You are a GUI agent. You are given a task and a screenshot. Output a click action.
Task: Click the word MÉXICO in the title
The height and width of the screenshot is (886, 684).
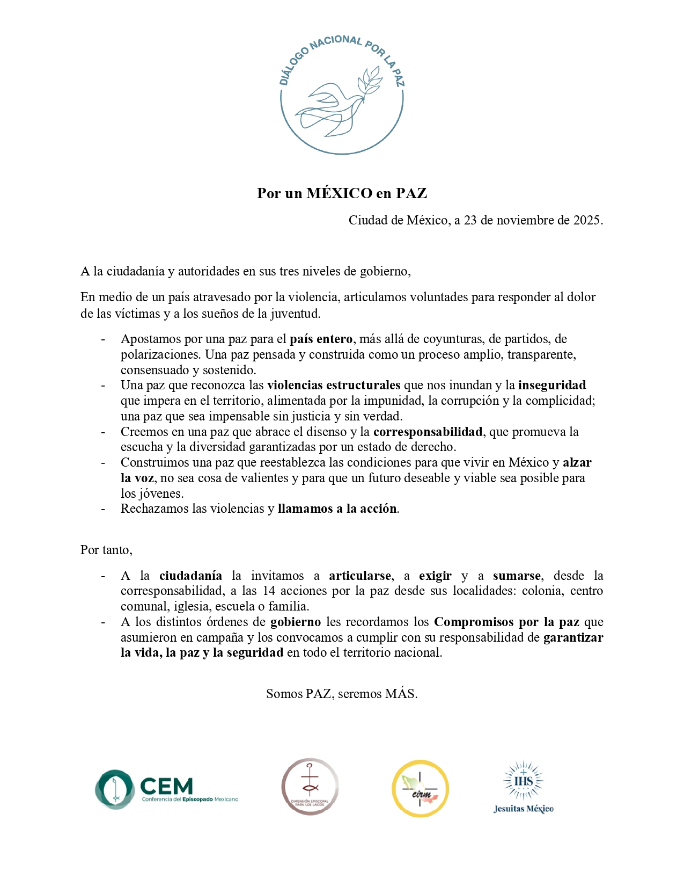point(339,193)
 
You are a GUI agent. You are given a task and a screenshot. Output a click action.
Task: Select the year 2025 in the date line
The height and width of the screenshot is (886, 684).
point(587,220)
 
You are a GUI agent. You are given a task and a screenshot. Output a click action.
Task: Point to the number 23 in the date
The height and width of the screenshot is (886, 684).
point(470,220)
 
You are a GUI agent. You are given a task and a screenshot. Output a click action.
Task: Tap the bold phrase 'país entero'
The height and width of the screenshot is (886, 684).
point(321,339)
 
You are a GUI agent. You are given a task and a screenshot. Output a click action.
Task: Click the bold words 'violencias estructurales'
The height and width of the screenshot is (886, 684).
point(333,385)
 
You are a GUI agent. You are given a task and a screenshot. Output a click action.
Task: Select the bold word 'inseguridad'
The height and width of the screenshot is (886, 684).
point(551,385)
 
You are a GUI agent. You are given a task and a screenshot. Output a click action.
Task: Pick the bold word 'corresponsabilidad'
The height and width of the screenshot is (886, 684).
point(428,432)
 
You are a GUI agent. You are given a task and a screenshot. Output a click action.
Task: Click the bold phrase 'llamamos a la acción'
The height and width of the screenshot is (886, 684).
point(337,509)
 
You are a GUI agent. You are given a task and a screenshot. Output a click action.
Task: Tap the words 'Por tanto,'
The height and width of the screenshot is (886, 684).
point(106,550)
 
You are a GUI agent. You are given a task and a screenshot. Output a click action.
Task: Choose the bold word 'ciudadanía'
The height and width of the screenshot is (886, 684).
point(190,576)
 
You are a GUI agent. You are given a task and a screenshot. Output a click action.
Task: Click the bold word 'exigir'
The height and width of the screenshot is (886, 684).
point(435,576)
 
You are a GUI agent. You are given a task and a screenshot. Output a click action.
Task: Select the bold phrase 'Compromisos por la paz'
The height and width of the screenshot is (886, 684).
point(506,622)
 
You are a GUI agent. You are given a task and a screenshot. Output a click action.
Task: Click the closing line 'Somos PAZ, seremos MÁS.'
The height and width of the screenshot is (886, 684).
point(342,694)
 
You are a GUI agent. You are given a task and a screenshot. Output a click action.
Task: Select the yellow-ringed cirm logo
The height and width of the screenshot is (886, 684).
point(420,789)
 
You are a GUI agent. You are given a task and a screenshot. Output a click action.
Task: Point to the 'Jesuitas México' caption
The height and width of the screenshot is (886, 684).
point(523,809)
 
